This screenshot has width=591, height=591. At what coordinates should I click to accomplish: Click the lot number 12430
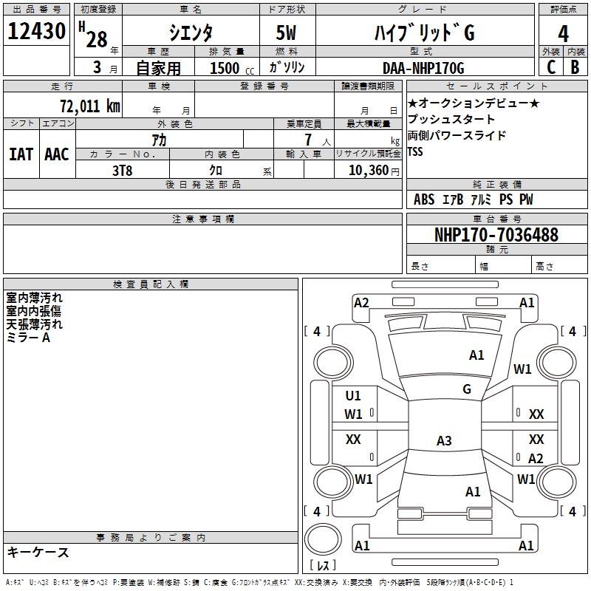click(38, 33)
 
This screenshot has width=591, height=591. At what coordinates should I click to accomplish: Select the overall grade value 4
click(564, 33)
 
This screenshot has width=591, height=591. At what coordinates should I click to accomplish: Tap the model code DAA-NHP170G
click(423, 68)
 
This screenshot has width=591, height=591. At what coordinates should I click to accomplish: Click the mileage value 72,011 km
click(89, 106)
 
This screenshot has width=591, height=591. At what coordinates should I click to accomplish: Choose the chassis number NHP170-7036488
click(496, 236)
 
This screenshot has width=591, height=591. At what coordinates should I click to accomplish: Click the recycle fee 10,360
click(366, 170)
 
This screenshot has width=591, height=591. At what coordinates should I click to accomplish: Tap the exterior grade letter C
click(550, 67)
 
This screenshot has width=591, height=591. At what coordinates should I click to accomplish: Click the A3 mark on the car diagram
click(444, 441)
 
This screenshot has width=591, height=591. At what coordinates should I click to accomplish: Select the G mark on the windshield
click(467, 389)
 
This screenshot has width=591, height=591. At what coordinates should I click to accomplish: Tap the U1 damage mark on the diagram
click(353, 396)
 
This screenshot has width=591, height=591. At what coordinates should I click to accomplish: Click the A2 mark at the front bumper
click(361, 302)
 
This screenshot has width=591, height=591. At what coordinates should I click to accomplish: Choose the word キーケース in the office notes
click(38, 553)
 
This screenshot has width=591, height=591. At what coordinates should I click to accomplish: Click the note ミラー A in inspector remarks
click(28, 338)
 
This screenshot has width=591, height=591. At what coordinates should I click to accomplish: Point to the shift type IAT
click(21, 154)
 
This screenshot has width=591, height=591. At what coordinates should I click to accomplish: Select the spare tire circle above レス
click(323, 537)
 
